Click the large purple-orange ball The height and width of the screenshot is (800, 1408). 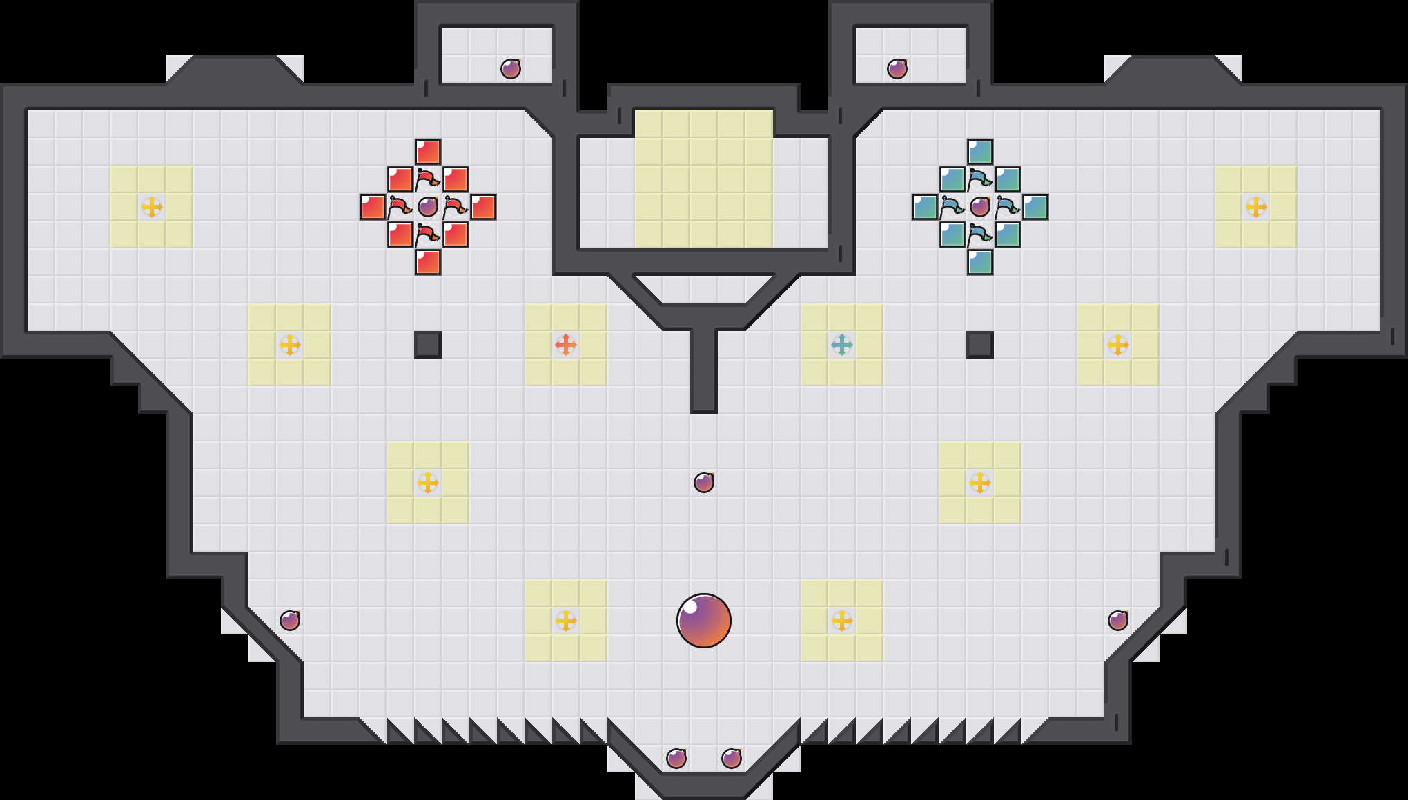(704, 621)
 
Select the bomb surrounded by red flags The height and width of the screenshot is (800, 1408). (428, 207)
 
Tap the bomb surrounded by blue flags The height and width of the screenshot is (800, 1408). (980, 207)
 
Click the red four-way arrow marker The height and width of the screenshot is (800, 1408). (566, 345)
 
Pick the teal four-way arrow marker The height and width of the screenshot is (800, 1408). (842, 345)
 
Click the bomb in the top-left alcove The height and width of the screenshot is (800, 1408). (511, 69)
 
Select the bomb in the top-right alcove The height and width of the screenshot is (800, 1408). (897, 69)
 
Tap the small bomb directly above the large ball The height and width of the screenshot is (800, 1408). (704, 483)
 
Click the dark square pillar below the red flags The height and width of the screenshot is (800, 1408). (428, 345)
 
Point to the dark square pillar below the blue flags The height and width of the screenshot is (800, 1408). (980, 345)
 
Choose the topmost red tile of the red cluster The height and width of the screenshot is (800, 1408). (428, 152)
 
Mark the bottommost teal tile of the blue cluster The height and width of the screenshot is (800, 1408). (980, 262)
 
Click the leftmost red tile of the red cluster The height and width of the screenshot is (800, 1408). (373, 207)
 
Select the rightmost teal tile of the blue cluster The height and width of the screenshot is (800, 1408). (1035, 207)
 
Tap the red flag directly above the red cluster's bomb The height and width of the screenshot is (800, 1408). (428, 179)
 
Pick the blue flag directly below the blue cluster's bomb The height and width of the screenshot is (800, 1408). (980, 234)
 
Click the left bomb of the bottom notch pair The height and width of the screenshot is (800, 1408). (676, 759)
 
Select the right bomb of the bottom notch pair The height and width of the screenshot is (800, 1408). (732, 759)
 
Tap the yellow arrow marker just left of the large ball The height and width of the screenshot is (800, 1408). (566, 621)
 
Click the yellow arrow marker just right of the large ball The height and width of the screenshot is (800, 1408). (842, 621)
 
